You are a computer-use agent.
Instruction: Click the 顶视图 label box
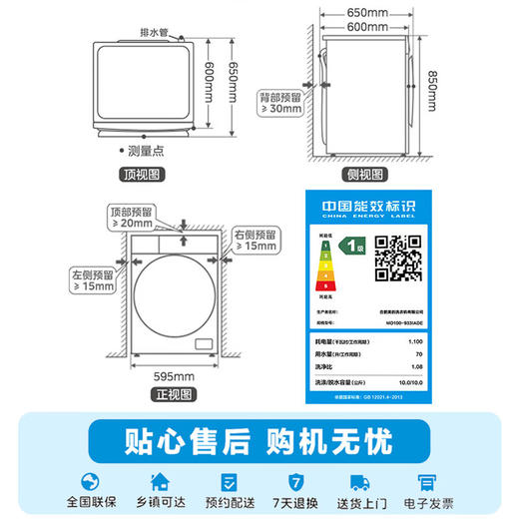(144, 176)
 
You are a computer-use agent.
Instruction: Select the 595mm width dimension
(160, 375)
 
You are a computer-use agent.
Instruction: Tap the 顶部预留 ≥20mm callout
(132, 218)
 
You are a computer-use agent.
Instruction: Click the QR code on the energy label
(397, 259)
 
